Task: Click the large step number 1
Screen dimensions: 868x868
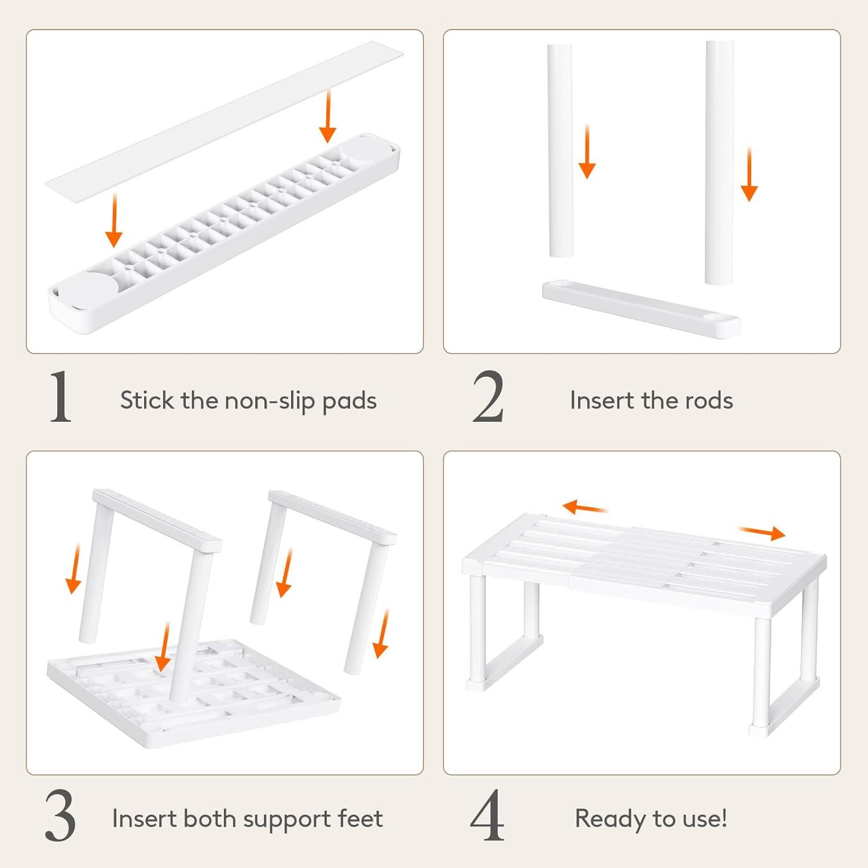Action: [60, 397]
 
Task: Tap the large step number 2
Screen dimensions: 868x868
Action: [488, 397]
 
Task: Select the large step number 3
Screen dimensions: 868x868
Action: [60, 816]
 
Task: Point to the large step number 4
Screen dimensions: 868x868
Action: [487, 816]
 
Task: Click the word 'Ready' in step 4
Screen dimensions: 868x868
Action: [610, 819]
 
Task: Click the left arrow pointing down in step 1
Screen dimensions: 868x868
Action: [114, 220]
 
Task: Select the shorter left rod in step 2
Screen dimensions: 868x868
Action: [560, 151]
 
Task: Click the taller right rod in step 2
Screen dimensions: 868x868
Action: [719, 163]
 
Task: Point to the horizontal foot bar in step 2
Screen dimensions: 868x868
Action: [641, 308]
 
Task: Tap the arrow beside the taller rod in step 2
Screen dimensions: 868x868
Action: [749, 174]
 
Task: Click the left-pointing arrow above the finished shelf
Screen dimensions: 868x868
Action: [584, 508]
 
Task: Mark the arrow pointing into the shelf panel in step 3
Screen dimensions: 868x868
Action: [164, 647]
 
